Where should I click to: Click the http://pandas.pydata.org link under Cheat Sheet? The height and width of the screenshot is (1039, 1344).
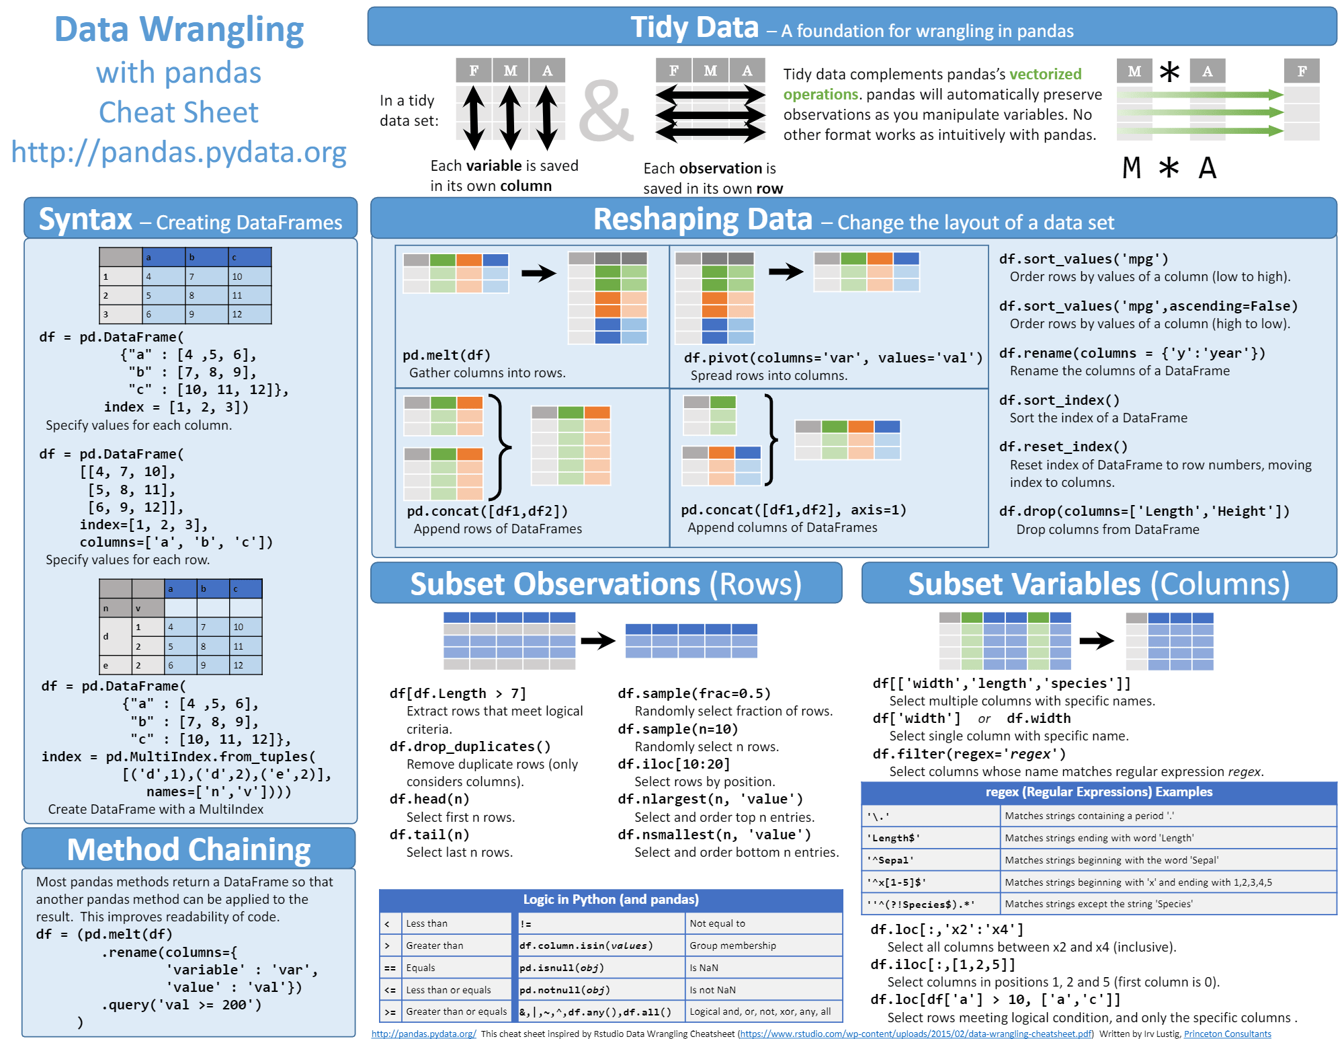[179, 153]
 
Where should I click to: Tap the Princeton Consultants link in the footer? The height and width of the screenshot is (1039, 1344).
[1227, 1034]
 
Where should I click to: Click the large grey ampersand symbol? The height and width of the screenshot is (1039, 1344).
[606, 111]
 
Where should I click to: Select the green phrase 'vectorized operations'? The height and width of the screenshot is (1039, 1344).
[933, 84]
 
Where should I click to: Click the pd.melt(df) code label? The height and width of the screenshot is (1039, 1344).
[446, 355]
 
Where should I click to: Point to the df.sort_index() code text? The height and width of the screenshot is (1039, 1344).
[1059, 400]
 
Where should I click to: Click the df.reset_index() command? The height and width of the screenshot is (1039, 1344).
[1063, 447]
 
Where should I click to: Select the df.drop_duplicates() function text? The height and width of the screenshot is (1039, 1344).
[470, 746]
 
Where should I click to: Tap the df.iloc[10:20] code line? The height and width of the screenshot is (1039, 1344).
[673, 764]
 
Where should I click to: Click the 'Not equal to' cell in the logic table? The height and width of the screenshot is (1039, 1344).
[717, 923]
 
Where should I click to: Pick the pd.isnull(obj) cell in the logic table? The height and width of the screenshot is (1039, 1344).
[561, 968]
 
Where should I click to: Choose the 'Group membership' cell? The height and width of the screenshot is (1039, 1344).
[732, 946]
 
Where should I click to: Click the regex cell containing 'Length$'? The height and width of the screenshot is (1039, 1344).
[893, 838]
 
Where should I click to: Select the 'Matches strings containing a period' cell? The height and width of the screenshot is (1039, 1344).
[1089, 816]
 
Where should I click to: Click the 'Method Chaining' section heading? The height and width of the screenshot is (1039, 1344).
[189, 849]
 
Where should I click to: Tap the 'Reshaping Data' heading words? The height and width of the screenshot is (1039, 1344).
[703, 219]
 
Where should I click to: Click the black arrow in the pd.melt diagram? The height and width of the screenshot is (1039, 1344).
[539, 272]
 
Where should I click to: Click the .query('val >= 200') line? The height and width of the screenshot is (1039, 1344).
[181, 1005]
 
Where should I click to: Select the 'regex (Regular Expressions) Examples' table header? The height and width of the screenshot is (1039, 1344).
[1099, 792]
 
